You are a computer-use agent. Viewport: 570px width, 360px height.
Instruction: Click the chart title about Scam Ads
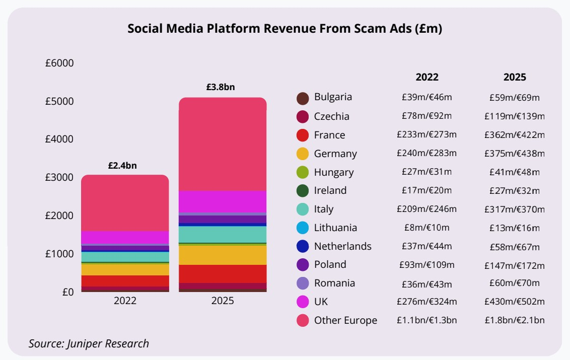tap(284, 29)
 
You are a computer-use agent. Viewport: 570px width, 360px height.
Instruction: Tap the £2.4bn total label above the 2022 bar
tap(122, 165)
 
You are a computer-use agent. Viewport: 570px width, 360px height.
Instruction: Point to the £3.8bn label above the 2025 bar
tap(221, 87)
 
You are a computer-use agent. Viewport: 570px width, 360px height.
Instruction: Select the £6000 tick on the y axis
tap(59, 63)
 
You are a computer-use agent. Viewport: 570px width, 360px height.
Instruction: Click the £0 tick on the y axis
tap(66, 292)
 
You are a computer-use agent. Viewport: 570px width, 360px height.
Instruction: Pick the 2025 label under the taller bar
tap(223, 301)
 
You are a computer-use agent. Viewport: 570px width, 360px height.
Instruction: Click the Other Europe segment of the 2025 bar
tap(223, 143)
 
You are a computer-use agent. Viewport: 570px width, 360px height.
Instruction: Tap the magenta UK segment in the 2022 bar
tap(125, 237)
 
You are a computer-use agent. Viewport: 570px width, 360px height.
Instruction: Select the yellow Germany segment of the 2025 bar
tap(223, 255)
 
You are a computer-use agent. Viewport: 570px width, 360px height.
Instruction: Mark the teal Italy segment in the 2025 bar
tap(223, 235)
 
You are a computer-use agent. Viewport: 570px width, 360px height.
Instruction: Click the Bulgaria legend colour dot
tap(303, 98)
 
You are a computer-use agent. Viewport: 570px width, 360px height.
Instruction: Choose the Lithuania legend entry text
tap(335, 228)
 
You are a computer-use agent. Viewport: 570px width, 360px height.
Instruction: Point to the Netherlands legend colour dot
tap(303, 247)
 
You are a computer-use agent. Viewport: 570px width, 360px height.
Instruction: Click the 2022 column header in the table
tap(427, 77)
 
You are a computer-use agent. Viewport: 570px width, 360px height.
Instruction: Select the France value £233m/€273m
tap(426, 135)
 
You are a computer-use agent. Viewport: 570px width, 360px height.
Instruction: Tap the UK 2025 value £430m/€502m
tap(515, 302)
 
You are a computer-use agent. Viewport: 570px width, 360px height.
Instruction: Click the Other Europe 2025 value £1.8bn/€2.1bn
tap(515, 320)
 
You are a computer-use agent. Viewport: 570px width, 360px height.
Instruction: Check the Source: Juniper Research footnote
tap(89, 344)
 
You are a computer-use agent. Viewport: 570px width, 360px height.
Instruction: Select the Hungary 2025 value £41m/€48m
tap(515, 172)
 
